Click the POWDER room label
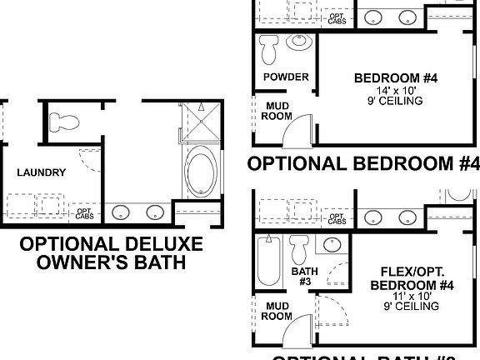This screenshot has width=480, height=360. pos(286,77)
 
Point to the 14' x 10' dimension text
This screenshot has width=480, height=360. pos(383,90)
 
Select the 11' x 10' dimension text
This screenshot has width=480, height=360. pos(410,296)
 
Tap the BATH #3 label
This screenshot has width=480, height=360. pos(300,277)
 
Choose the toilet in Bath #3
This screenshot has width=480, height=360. pos(300,248)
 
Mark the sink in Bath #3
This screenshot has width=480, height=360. pos(331,244)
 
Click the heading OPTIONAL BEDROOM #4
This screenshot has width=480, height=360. pos(363,162)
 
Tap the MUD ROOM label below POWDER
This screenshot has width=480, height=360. pos(277,112)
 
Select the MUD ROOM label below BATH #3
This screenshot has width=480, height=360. pos(277,311)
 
